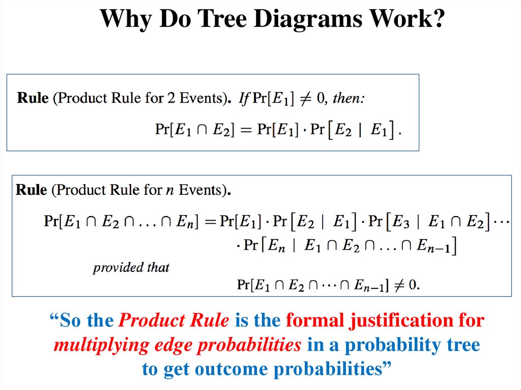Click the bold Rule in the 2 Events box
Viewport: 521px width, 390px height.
point(33,98)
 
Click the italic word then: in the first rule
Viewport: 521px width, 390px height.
point(349,98)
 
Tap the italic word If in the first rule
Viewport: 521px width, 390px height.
point(245,98)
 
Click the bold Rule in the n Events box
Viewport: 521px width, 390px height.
point(32,190)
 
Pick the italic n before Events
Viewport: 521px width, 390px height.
point(169,191)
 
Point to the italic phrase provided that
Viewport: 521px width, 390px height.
point(131,267)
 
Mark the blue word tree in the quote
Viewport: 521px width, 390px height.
point(461,345)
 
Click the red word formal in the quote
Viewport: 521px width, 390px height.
point(314,321)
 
